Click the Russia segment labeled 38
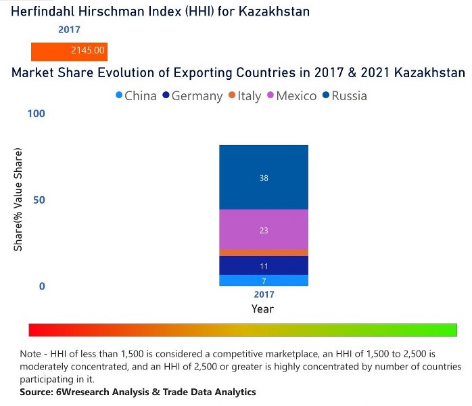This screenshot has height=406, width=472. (x=264, y=177)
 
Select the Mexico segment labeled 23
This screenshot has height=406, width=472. (x=264, y=230)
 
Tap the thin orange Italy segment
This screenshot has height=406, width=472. (x=264, y=252)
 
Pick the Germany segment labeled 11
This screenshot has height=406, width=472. (x=264, y=266)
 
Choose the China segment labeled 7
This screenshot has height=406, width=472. (x=264, y=281)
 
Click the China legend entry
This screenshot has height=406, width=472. (x=136, y=96)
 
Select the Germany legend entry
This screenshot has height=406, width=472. (x=191, y=96)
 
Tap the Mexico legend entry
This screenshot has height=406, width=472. (x=291, y=96)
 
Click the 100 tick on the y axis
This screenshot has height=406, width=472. (x=36, y=114)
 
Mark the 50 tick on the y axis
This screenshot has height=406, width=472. (x=39, y=200)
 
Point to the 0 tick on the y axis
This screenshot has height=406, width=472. (x=41, y=286)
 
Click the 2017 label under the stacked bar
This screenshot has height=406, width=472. (x=264, y=295)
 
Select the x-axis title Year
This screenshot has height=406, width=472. (x=262, y=309)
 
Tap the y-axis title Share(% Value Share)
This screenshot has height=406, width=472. (x=18, y=200)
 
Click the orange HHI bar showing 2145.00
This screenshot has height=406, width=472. (x=69, y=51)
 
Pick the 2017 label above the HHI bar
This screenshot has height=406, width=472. (x=69, y=30)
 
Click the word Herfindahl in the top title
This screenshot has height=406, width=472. (x=43, y=12)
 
